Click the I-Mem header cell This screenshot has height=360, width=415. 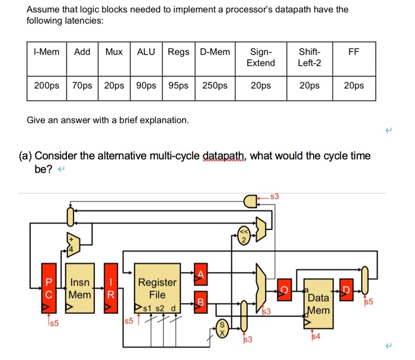pyautogui.click(x=47, y=52)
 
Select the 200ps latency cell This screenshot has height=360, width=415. pyautogui.click(x=47, y=86)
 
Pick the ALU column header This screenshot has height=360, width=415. pyautogui.click(x=146, y=52)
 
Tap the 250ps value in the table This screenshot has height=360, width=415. pyautogui.click(x=215, y=86)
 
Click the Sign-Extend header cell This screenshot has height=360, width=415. pyautogui.click(x=261, y=58)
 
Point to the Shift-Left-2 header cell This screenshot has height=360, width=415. pyautogui.click(x=309, y=58)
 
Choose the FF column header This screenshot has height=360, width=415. pyautogui.click(x=354, y=52)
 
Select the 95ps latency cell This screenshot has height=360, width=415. pyautogui.click(x=178, y=86)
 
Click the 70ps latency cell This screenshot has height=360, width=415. pyautogui.click(x=82, y=86)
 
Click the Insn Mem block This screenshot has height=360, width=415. pyautogui.click(x=80, y=288)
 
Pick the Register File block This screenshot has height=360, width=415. pyautogui.click(x=157, y=288)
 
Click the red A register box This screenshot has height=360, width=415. pyautogui.click(x=200, y=273)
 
